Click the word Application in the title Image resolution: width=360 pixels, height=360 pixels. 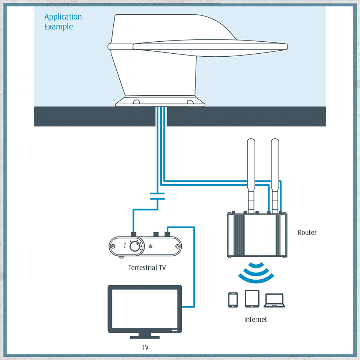pyautogui.click(x=63, y=17)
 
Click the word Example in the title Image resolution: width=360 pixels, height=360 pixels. pyautogui.click(x=59, y=27)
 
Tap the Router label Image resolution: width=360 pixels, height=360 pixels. pyautogui.click(x=307, y=232)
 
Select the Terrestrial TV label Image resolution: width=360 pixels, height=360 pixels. pyautogui.click(x=147, y=268)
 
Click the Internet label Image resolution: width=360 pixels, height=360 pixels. pyautogui.click(x=256, y=319)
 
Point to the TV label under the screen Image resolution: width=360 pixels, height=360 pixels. pyautogui.click(x=145, y=348)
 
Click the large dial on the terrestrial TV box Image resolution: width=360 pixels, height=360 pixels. pyautogui.click(x=134, y=247)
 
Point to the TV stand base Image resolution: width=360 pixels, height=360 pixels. pyautogui.click(x=145, y=336)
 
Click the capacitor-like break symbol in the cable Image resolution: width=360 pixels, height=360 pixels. pyautogui.click(x=157, y=196)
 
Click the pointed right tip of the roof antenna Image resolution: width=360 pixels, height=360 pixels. pyautogui.click(x=286, y=46)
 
